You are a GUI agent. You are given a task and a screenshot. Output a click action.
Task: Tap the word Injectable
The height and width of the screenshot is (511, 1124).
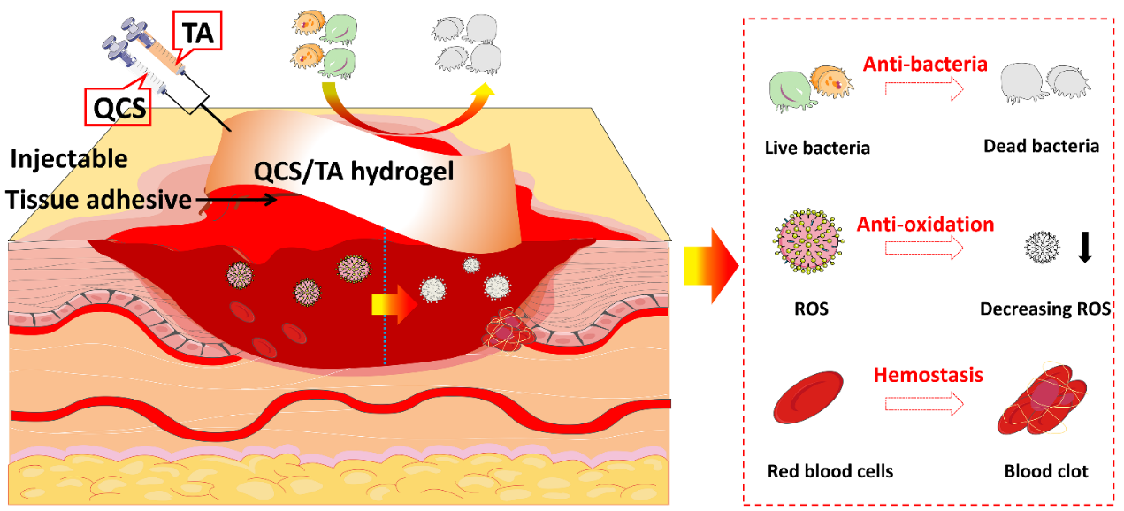[70, 160]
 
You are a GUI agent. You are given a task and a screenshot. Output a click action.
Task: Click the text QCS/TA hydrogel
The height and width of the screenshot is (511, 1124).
[355, 172]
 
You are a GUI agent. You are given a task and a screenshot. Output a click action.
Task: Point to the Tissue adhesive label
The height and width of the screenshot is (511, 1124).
[98, 200]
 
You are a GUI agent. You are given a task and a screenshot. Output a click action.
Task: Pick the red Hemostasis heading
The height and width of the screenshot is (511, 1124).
[928, 375]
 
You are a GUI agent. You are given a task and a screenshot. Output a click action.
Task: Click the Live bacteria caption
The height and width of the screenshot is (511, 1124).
[817, 148]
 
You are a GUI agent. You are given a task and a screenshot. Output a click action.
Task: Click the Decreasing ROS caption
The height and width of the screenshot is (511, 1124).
[1044, 309]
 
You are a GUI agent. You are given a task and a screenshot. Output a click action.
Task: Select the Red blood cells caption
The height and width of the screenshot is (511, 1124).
[830, 471]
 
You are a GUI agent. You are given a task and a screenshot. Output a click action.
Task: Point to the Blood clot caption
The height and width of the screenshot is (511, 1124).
[1046, 471]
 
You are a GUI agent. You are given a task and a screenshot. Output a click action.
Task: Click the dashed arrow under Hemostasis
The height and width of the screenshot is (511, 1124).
[923, 405]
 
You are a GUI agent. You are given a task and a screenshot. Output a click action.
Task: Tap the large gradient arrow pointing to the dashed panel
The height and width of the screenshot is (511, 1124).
[710, 263]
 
